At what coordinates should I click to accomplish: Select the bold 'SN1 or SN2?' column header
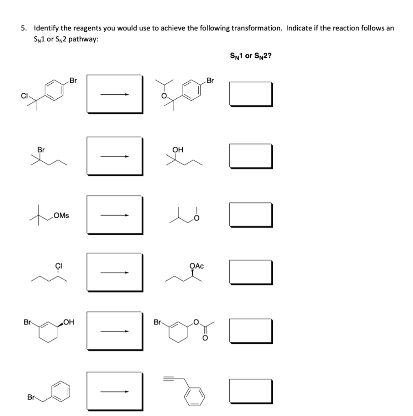251,55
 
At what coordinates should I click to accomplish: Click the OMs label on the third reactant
61,215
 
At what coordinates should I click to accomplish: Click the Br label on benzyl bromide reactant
30,396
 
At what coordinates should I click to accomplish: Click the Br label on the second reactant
41,149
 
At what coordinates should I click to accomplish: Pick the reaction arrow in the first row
115,95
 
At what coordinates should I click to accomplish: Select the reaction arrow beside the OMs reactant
115,215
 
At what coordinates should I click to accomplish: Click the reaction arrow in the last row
115,392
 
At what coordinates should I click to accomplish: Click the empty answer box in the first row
251,94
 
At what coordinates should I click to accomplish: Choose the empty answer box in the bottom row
251,391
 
